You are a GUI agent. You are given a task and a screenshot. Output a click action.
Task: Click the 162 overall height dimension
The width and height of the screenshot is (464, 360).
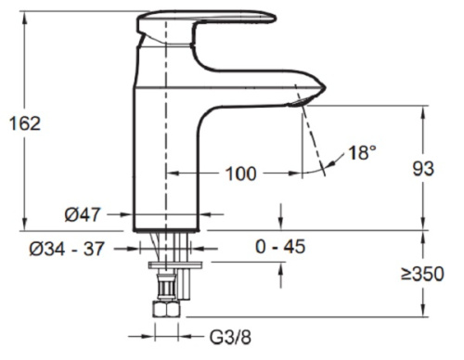click(x=25, y=123)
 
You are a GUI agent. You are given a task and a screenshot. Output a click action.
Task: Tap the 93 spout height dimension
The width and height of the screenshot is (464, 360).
click(x=423, y=169)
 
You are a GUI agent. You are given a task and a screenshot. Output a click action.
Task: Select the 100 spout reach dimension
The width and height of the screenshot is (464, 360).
click(x=241, y=174)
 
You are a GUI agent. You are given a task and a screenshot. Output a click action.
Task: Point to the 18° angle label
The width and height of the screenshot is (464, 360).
click(x=362, y=152)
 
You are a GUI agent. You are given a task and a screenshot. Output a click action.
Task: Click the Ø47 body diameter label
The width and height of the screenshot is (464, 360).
click(x=83, y=214)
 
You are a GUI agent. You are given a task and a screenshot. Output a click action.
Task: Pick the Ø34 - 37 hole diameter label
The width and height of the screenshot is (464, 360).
click(x=67, y=249)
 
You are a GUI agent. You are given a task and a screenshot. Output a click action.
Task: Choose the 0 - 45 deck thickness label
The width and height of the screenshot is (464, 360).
click(x=280, y=247)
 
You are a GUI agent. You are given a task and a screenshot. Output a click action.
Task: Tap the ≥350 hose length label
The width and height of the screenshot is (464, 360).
click(x=422, y=274)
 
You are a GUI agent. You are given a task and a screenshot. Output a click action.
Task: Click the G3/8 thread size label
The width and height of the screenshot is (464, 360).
click(x=230, y=337)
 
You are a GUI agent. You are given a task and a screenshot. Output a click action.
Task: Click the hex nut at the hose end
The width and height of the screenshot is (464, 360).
click(x=166, y=309)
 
